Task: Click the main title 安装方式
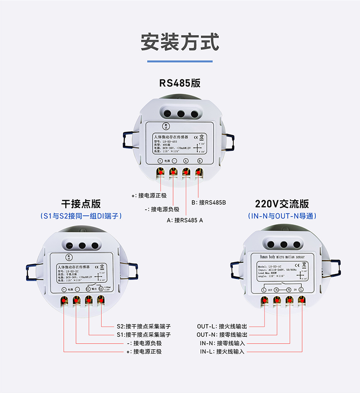(180, 42)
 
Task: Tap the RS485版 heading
(180, 83)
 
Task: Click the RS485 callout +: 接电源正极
(149, 196)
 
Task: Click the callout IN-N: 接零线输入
(222, 343)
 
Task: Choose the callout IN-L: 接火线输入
(222, 352)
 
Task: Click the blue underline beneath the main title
(180, 61)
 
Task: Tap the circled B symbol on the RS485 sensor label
(200, 161)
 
